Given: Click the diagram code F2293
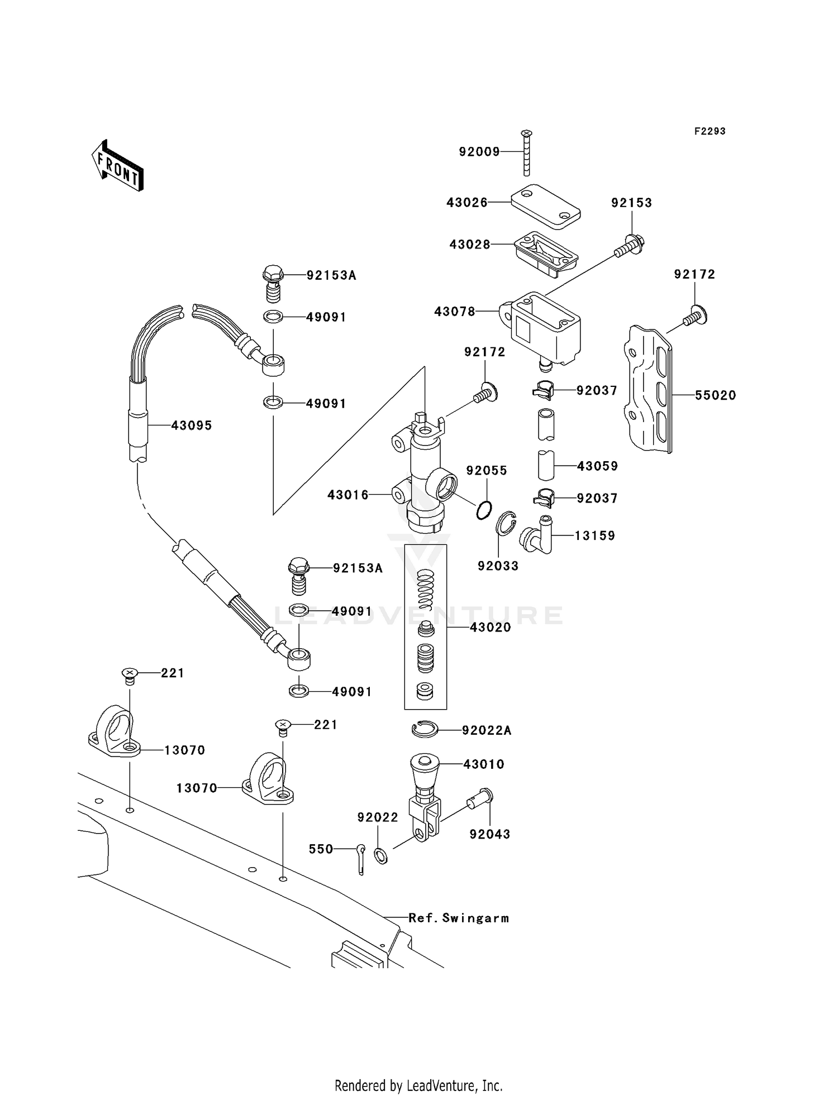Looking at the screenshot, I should (710, 131).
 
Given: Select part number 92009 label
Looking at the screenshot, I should (479, 152).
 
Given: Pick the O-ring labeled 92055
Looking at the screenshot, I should (484, 510).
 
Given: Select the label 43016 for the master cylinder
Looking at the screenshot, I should (347, 495).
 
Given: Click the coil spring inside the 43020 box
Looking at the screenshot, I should (426, 588).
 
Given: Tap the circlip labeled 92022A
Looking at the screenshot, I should (425, 729).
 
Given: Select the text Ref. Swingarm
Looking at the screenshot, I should (458, 918).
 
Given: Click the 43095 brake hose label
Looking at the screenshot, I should (191, 425).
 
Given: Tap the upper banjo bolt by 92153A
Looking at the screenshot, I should (273, 282).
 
